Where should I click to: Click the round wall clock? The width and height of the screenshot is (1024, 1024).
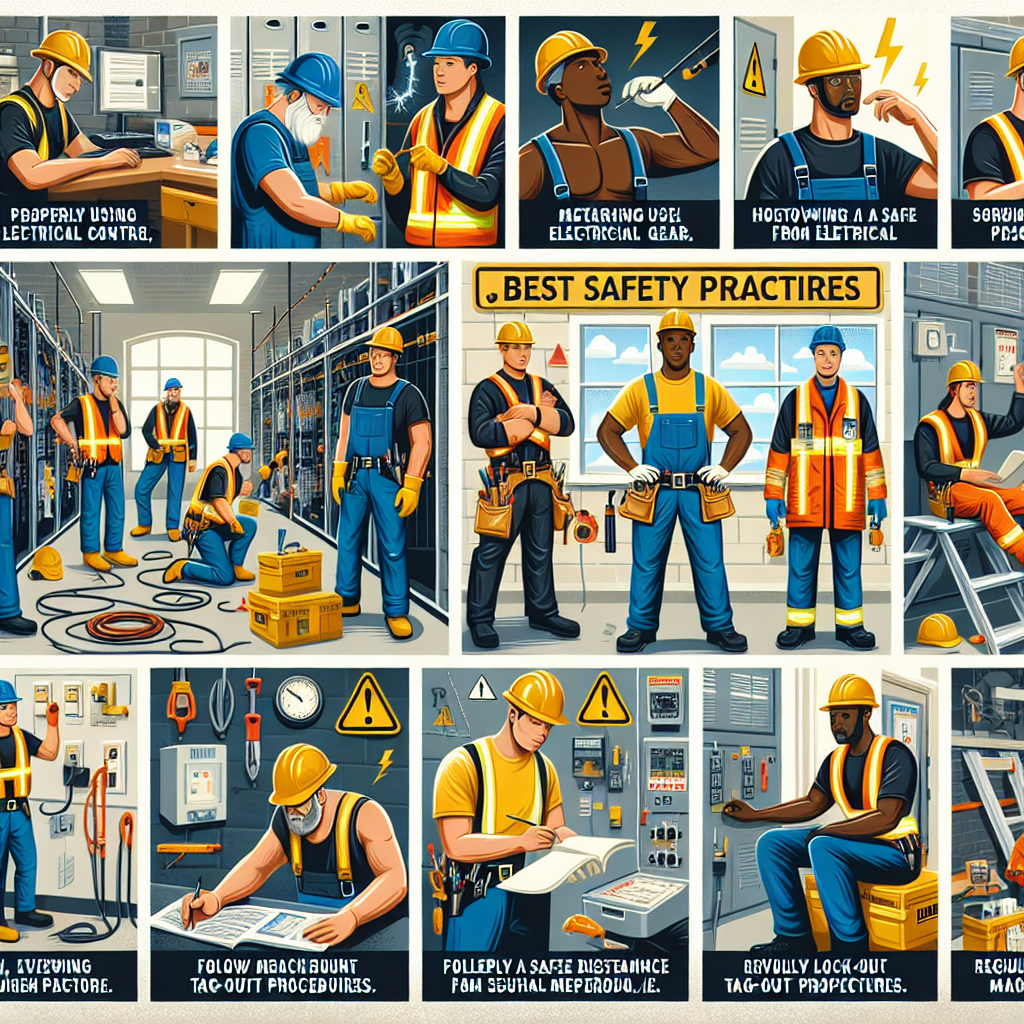coord(298,700)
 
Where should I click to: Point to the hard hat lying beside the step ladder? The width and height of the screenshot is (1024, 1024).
coord(938,631)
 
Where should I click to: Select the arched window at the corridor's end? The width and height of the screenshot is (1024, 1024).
coord(181,395)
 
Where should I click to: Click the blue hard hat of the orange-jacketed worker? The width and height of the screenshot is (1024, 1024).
coord(827,338)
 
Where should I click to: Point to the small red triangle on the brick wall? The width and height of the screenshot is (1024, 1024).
coord(558,355)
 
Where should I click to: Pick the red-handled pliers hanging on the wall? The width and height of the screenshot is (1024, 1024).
coord(253,725)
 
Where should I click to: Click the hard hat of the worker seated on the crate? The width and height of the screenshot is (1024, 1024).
coord(850,692)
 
